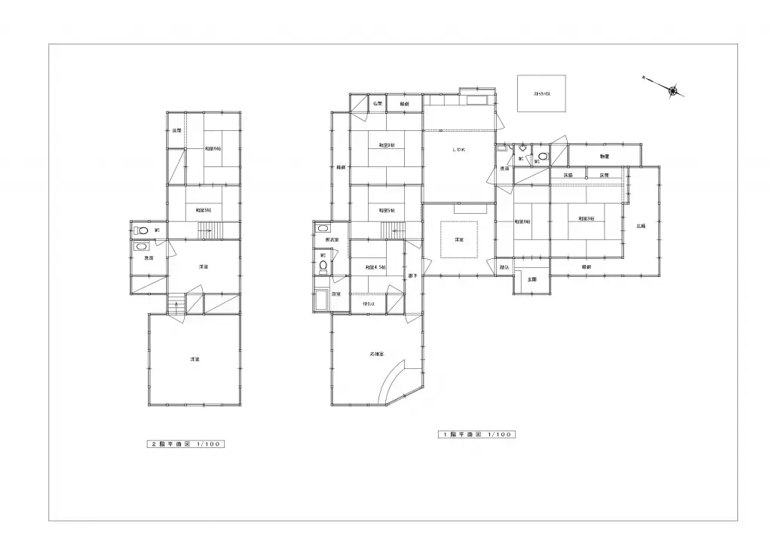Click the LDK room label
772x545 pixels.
458,151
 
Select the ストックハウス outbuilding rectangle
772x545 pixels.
541,94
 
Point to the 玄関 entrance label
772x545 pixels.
532,279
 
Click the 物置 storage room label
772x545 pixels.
605,156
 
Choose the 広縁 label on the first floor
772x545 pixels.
641,226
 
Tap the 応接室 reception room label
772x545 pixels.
377,354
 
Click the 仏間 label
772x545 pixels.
377,104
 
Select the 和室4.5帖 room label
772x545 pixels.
375,267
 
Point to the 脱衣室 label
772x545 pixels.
321,240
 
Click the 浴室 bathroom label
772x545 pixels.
335,294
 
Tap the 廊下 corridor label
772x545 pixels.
412,276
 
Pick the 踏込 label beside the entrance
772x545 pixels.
504,267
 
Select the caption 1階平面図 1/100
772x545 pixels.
476,434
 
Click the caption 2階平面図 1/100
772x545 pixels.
185,444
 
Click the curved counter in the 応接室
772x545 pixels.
397,379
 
